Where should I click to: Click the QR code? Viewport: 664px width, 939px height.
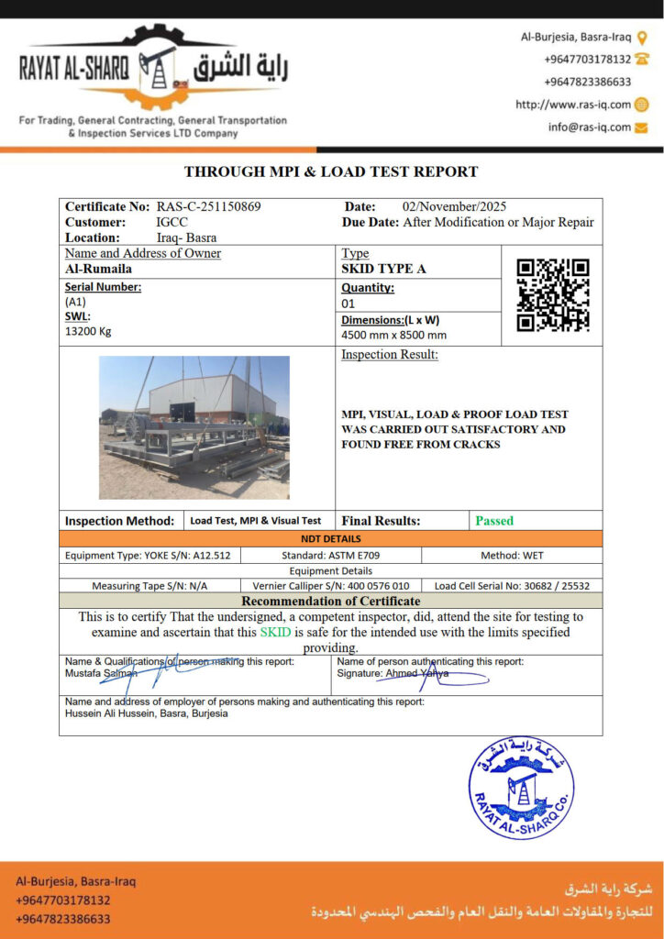click(x=552, y=294)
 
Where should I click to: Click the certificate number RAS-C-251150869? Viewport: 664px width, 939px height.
click(x=208, y=207)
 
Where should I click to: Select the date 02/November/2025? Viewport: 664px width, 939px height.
click(x=454, y=207)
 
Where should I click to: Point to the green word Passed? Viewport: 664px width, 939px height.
click(x=494, y=521)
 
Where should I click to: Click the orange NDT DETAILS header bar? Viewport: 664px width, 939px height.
click(x=331, y=538)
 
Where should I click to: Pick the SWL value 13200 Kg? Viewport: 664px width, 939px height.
click(x=87, y=331)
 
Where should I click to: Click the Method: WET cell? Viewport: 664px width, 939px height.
click(x=512, y=556)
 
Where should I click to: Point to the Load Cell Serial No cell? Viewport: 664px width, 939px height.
click(x=512, y=585)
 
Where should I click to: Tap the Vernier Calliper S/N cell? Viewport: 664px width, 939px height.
click(x=331, y=585)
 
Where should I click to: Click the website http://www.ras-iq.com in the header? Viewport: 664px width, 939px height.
click(x=573, y=105)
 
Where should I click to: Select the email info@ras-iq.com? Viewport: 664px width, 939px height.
click(x=590, y=127)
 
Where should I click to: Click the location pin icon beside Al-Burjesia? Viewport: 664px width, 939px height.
click(x=642, y=38)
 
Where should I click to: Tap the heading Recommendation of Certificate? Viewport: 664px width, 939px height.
click(x=331, y=601)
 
